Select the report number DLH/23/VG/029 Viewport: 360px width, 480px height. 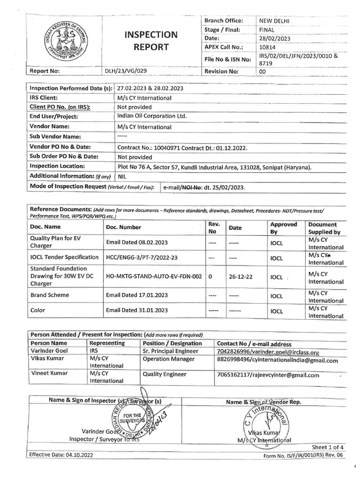[x=127, y=71]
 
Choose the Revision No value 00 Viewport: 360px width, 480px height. [x=263, y=71]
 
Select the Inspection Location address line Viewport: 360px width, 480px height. [x=215, y=166]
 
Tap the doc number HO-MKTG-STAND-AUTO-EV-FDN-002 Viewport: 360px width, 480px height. [x=154, y=277]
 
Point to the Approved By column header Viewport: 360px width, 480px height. [x=284, y=228]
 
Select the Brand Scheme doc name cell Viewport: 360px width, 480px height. [x=49, y=295]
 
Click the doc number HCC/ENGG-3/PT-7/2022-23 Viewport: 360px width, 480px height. [x=142, y=257]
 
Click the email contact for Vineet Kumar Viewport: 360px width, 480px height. [x=268, y=375]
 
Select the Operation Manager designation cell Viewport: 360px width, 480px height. [x=168, y=360]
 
